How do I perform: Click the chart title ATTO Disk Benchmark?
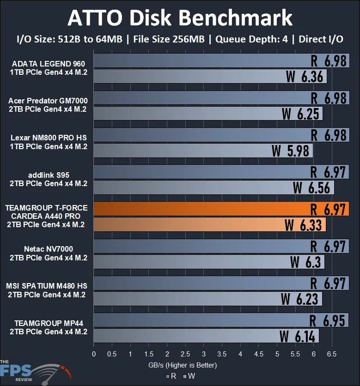tap(180, 18)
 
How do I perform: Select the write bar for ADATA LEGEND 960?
tap(185, 76)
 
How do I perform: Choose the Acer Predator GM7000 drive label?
tap(48, 105)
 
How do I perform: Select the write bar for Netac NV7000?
tap(185, 262)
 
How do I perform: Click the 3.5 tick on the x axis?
tap(222, 354)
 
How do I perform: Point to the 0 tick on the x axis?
tap(94, 354)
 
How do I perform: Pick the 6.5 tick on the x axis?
tap(332, 354)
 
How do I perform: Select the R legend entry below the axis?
tap(171, 376)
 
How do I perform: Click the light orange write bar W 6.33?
tap(194, 225)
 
